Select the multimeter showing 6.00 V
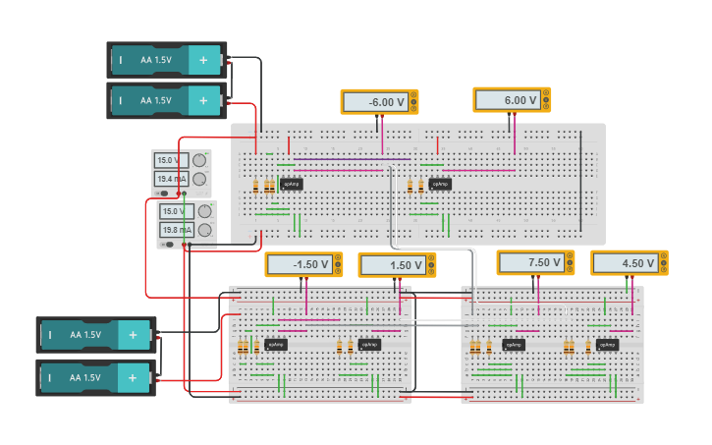click(x=512, y=100)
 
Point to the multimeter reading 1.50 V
click(x=397, y=265)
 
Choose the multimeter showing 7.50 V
click(x=535, y=262)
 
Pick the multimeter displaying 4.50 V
click(x=630, y=263)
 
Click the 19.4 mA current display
click(x=169, y=179)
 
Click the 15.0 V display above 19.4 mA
click(x=168, y=160)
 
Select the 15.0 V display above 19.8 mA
click(x=173, y=211)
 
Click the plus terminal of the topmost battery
click(x=203, y=60)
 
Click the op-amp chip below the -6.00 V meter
click(x=291, y=184)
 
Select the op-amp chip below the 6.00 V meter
click(x=440, y=184)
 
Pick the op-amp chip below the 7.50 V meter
click(x=513, y=345)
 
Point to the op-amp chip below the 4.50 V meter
click(x=607, y=345)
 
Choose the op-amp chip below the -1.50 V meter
click(x=275, y=345)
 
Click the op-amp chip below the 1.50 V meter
click(x=369, y=345)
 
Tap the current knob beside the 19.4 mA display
click(x=199, y=179)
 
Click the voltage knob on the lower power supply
click(x=204, y=211)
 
